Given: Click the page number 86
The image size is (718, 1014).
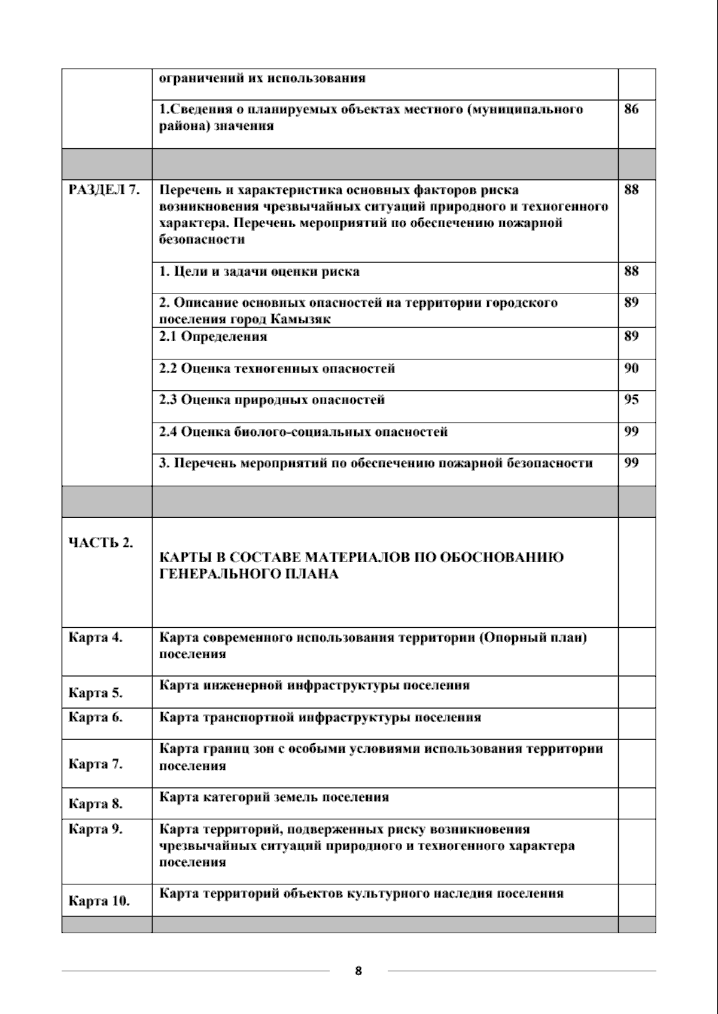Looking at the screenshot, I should tap(631, 109).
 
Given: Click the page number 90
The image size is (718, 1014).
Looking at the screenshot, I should tap(631, 368).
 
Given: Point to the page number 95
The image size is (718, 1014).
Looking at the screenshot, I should tap(631, 399).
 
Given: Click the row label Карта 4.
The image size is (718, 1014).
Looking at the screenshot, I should tap(96, 637).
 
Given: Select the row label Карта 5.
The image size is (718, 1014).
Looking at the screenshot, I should tap(96, 694).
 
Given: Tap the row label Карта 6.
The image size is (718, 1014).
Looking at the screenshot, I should tap(96, 717).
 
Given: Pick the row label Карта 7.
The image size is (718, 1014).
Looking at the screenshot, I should tap(96, 764).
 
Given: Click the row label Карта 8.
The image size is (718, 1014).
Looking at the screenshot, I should tap(96, 804).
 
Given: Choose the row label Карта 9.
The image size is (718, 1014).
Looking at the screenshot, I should tap(96, 829).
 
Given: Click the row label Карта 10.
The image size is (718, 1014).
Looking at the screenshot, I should tap(99, 901).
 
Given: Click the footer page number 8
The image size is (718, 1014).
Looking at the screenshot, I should tap(358, 971).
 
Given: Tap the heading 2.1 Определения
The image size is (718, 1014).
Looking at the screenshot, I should tap(213, 337).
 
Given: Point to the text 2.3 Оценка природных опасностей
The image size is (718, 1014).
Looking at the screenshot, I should tap(272, 400).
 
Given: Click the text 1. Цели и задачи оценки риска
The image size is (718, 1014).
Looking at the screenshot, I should tap(259, 271).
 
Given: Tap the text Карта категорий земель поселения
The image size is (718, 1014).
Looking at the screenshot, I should tap(274, 797).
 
